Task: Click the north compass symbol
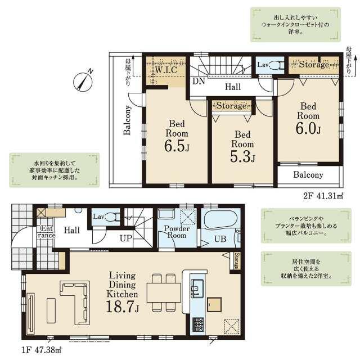(83, 80)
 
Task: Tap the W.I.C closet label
(166, 70)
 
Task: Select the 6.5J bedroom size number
(177, 146)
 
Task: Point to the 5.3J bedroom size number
(242, 156)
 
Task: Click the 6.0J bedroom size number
(308, 128)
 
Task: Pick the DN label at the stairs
(199, 81)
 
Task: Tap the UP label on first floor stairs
(126, 238)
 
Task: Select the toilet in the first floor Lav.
(113, 217)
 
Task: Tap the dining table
(164, 292)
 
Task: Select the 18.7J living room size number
(123, 307)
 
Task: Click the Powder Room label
(177, 232)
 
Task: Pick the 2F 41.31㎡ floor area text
(323, 196)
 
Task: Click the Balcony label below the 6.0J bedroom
(308, 175)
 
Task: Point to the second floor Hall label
(233, 87)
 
